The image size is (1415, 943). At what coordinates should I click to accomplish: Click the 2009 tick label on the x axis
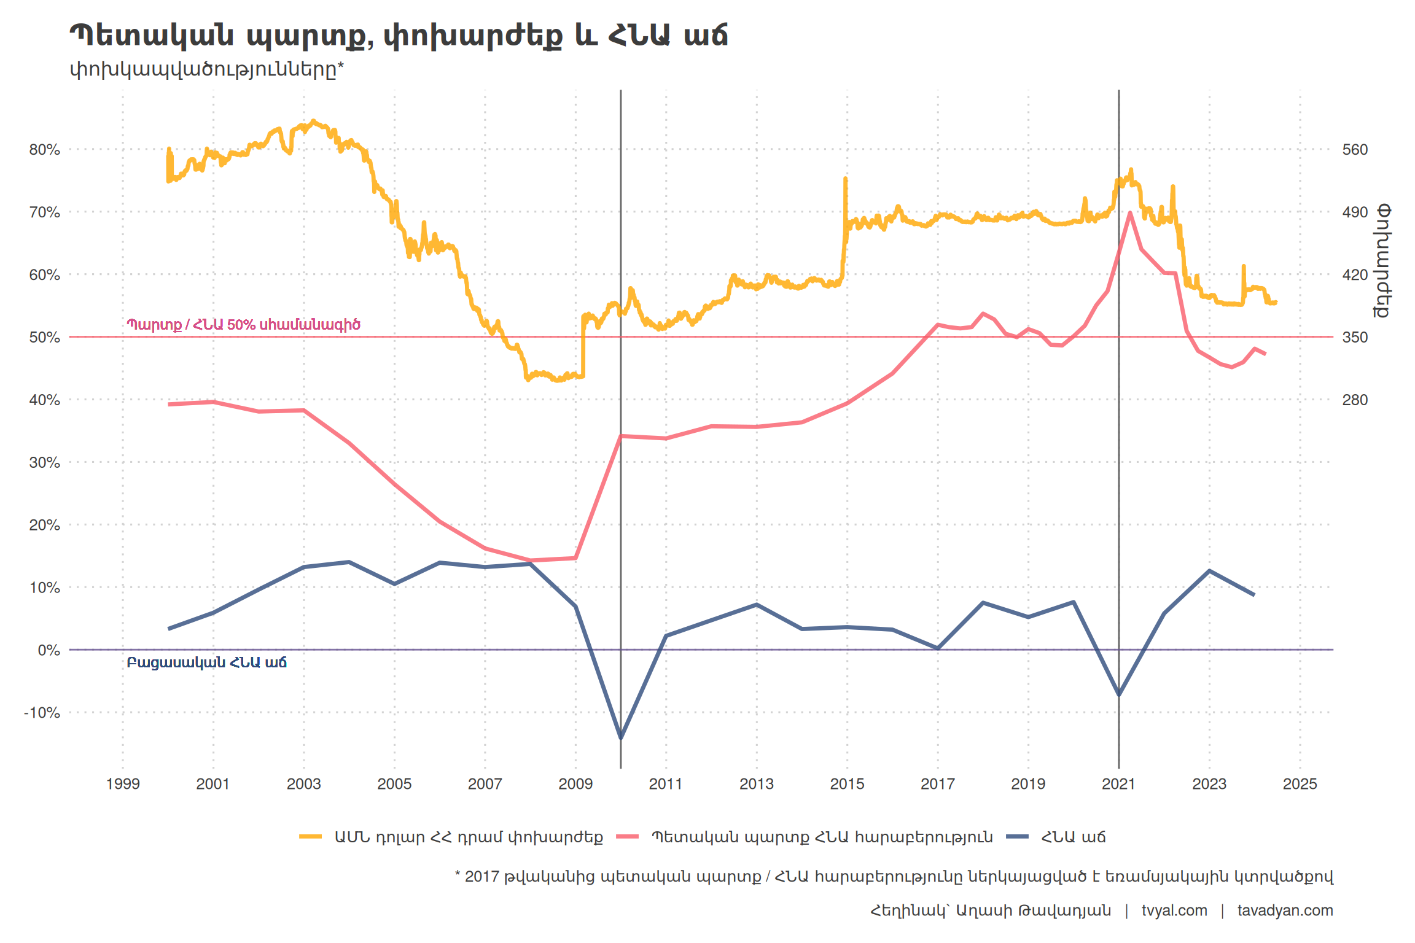click(575, 784)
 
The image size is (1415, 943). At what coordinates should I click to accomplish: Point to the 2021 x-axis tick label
click(1118, 784)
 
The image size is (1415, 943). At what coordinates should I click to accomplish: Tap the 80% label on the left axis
click(45, 150)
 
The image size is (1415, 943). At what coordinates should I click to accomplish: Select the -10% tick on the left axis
click(42, 713)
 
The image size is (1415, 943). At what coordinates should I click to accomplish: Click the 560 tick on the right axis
click(1355, 150)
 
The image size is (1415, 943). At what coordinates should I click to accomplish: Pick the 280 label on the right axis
click(1355, 400)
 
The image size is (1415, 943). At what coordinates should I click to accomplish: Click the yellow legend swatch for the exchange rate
click(311, 837)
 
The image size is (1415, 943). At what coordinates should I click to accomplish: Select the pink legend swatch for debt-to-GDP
click(628, 837)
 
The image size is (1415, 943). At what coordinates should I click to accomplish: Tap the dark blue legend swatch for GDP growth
click(1018, 837)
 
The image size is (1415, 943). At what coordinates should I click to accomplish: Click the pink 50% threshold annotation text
click(243, 324)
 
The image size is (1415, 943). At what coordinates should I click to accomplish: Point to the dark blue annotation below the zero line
click(206, 662)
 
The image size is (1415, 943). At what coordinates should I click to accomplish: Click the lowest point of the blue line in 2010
click(621, 738)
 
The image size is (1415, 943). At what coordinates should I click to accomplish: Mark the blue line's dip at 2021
click(1119, 695)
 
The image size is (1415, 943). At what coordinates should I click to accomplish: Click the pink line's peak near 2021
click(1130, 213)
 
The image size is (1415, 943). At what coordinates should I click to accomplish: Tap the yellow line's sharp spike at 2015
click(845, 179)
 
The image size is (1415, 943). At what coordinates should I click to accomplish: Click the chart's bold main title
click(398, 36)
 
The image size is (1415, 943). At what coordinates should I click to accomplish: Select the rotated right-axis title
click(1382, 261)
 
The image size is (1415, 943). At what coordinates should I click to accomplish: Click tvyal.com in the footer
click(1174, 910)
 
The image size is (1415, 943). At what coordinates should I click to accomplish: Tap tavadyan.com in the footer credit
click(1285, 910)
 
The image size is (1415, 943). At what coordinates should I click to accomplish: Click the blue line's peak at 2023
click(1209, 571)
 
